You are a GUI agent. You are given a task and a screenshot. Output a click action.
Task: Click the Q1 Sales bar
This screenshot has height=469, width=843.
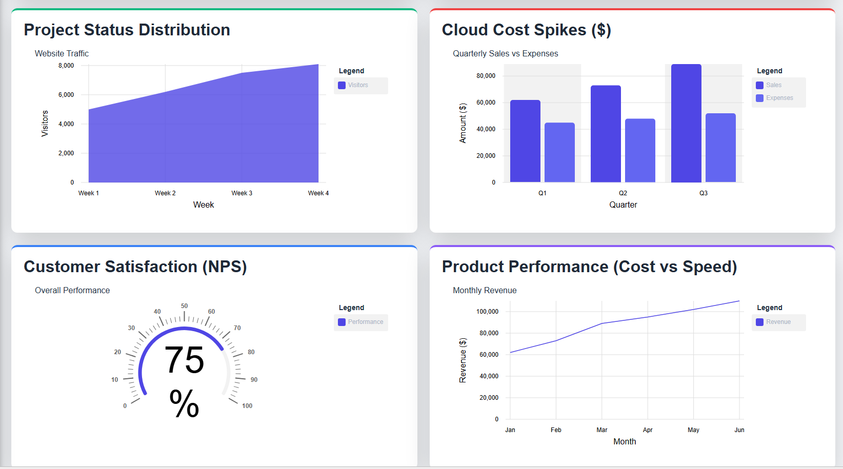pos(525,141)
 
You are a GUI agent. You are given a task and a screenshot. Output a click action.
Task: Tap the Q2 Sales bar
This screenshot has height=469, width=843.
pos(606,134)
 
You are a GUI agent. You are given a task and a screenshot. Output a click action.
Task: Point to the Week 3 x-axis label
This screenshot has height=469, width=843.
pos(242,193)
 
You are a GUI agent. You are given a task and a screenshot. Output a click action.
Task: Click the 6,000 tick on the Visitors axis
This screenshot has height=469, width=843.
pos(66,95)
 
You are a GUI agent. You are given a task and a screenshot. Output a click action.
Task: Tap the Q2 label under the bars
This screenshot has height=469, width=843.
pos(623,193)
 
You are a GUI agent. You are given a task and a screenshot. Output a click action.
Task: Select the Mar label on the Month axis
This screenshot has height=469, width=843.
pos(601,430)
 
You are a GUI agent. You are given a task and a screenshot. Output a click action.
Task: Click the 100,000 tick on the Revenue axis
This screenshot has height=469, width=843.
pos(487,312)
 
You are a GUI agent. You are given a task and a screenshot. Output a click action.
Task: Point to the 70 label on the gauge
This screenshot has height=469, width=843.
pos(237,328)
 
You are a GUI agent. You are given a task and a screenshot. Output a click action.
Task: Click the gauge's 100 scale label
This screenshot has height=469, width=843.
pos(247,406)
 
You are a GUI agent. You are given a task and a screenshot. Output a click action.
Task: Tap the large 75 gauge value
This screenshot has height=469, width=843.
pos(184,360)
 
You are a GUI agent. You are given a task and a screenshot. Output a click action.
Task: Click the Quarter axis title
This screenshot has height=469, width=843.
pos(623,205)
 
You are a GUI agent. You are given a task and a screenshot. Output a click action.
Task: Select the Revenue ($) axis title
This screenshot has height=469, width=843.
pos(463,360)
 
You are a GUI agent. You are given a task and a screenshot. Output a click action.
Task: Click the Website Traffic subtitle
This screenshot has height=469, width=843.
pos(62,53)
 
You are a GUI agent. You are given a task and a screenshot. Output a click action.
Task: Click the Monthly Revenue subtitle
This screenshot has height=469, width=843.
pos(485,290)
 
